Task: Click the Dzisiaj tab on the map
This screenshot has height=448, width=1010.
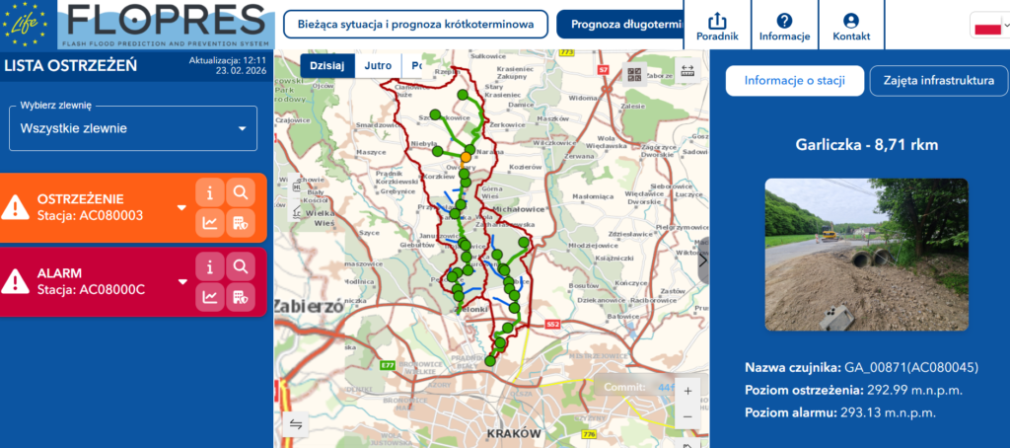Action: pos(326,66)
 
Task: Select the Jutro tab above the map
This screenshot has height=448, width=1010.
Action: pos(378,66)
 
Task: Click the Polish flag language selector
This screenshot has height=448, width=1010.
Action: pos(987,27)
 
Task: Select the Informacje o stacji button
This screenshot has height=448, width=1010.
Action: pos(795,81)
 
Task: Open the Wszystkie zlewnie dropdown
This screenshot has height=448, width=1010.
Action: pos(133,128)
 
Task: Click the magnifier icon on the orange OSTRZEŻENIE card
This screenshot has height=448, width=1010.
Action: pos(240,192)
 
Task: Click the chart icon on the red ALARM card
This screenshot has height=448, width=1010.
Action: pos(210,296)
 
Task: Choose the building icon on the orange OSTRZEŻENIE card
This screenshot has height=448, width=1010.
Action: pos(240,223)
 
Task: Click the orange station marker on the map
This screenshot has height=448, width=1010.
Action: pos(466,157)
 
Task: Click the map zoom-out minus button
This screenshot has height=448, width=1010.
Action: pos(687,416)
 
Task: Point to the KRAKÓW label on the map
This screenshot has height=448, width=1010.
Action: pos(514,432)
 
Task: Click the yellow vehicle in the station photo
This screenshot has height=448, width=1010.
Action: pos(828,236)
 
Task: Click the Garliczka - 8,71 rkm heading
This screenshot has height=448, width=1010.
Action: pos(866,145)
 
